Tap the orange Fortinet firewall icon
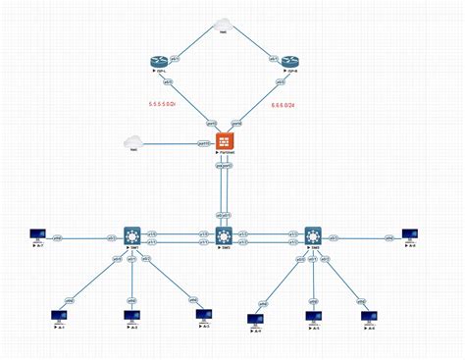[x=225, y=140]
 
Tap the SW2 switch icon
[x=225, y=235]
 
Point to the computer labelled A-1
[x=58, y=315]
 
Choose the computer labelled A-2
[x=130, y=315]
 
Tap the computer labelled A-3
[x=204, y=315]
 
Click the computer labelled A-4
[x=254, y=318]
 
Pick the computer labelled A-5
[x=313, y=317]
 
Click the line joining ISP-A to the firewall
[x=192, y=101]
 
